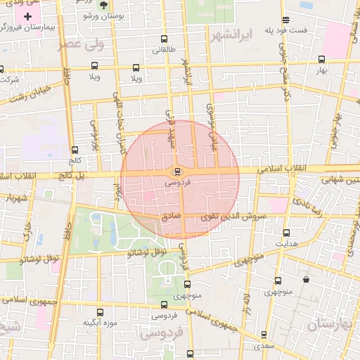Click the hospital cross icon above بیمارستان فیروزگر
coord(27,15)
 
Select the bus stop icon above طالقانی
coord(165,39)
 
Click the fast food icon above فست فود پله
coord(285,20)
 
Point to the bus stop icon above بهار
coord(321,60)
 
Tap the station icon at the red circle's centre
coord(179,170)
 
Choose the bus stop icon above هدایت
coord(286,233)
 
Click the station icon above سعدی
coord(264,335)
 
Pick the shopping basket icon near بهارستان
coord(305,280)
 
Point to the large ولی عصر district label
coord(81,44)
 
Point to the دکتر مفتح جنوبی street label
coord(285,70)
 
